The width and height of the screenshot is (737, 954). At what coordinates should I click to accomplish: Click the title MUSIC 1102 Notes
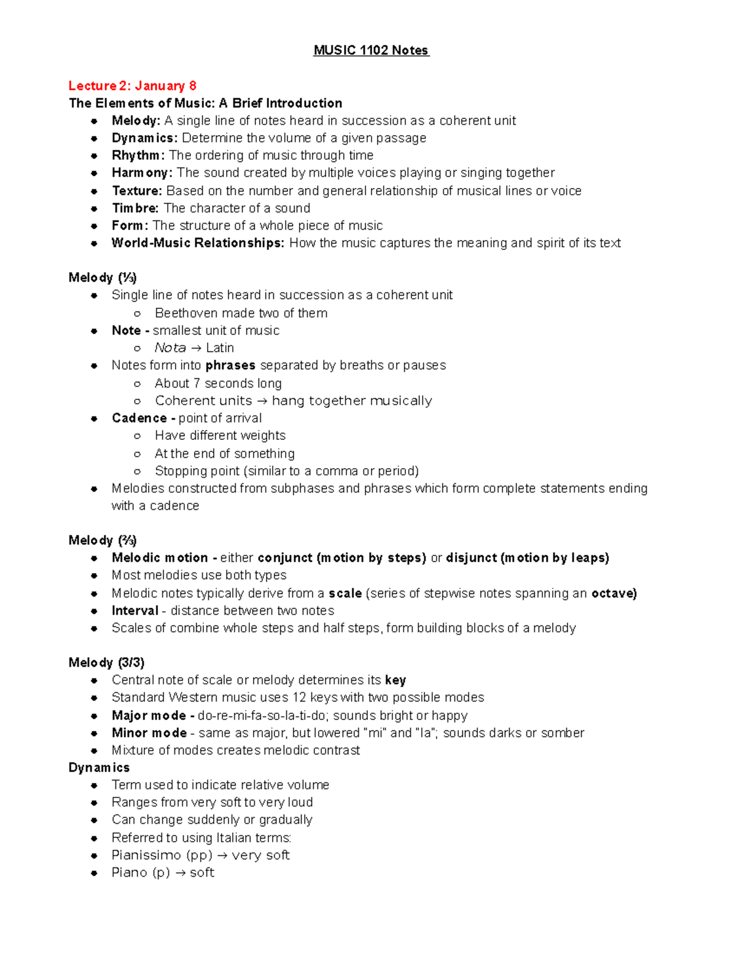click(371, 50)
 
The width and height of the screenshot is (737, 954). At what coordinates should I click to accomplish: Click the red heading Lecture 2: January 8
click(132, 86)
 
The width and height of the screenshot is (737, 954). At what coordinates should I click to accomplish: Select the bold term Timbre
click(135, 208)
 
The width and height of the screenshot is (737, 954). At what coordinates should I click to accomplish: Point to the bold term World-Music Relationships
click(198, 243)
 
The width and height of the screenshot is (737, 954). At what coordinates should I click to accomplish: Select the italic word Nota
click(170, 348)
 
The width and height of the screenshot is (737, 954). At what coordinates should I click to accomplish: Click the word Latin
click(220, 348)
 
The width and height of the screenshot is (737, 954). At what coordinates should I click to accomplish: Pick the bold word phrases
click(230, 366)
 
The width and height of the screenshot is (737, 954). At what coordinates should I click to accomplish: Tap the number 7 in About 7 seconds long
click(197, 384)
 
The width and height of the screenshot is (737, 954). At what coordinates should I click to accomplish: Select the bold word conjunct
click(285, 558)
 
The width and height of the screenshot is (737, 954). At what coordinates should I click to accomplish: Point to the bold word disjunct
click(471, 558)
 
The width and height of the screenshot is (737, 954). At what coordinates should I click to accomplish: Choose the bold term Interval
click(135, 611)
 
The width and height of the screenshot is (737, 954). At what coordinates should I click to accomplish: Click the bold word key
click(396, 680)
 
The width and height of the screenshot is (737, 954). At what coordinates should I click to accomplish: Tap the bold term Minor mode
click(149, 733)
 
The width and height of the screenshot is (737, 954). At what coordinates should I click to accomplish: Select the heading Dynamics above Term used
click(99, 768)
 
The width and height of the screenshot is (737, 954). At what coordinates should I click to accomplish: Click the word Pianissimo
click(146, 855)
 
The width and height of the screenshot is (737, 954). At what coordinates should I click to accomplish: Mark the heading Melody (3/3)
click(106, 663)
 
